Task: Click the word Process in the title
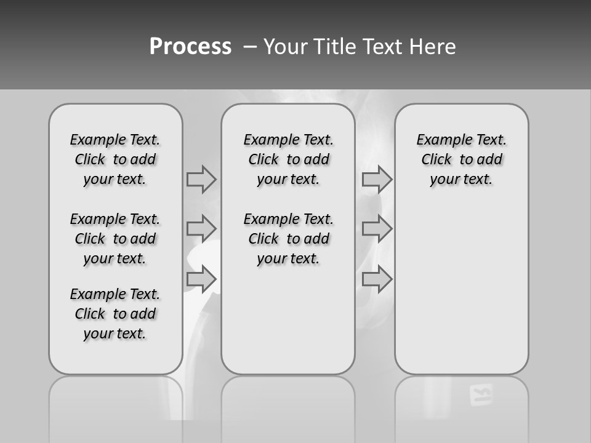190,47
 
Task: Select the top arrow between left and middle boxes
201,179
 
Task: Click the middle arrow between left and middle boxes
201,229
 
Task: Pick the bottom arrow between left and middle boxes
201,279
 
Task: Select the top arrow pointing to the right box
377,179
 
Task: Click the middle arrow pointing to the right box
377,229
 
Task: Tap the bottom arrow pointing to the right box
377,279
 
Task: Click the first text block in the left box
115,159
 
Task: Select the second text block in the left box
115,239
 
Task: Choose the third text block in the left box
115,314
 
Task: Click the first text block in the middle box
288,159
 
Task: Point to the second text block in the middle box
288,239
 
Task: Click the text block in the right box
461,159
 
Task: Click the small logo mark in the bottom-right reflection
481,395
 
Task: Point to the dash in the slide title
251,47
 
